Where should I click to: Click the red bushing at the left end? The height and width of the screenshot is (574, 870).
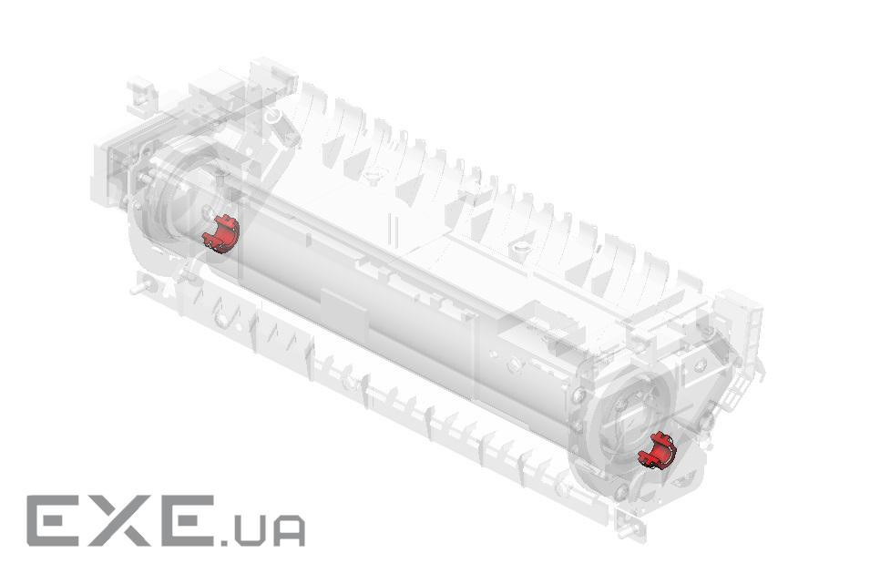pos(220,234)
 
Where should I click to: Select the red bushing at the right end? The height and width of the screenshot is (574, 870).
pos(657,450)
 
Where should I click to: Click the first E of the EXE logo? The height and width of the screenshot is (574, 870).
pos(55,521)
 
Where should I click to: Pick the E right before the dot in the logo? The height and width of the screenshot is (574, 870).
pos(188,521)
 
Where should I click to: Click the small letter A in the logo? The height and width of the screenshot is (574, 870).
pos(289,531)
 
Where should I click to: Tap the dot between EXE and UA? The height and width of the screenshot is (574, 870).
pos(223,540)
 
